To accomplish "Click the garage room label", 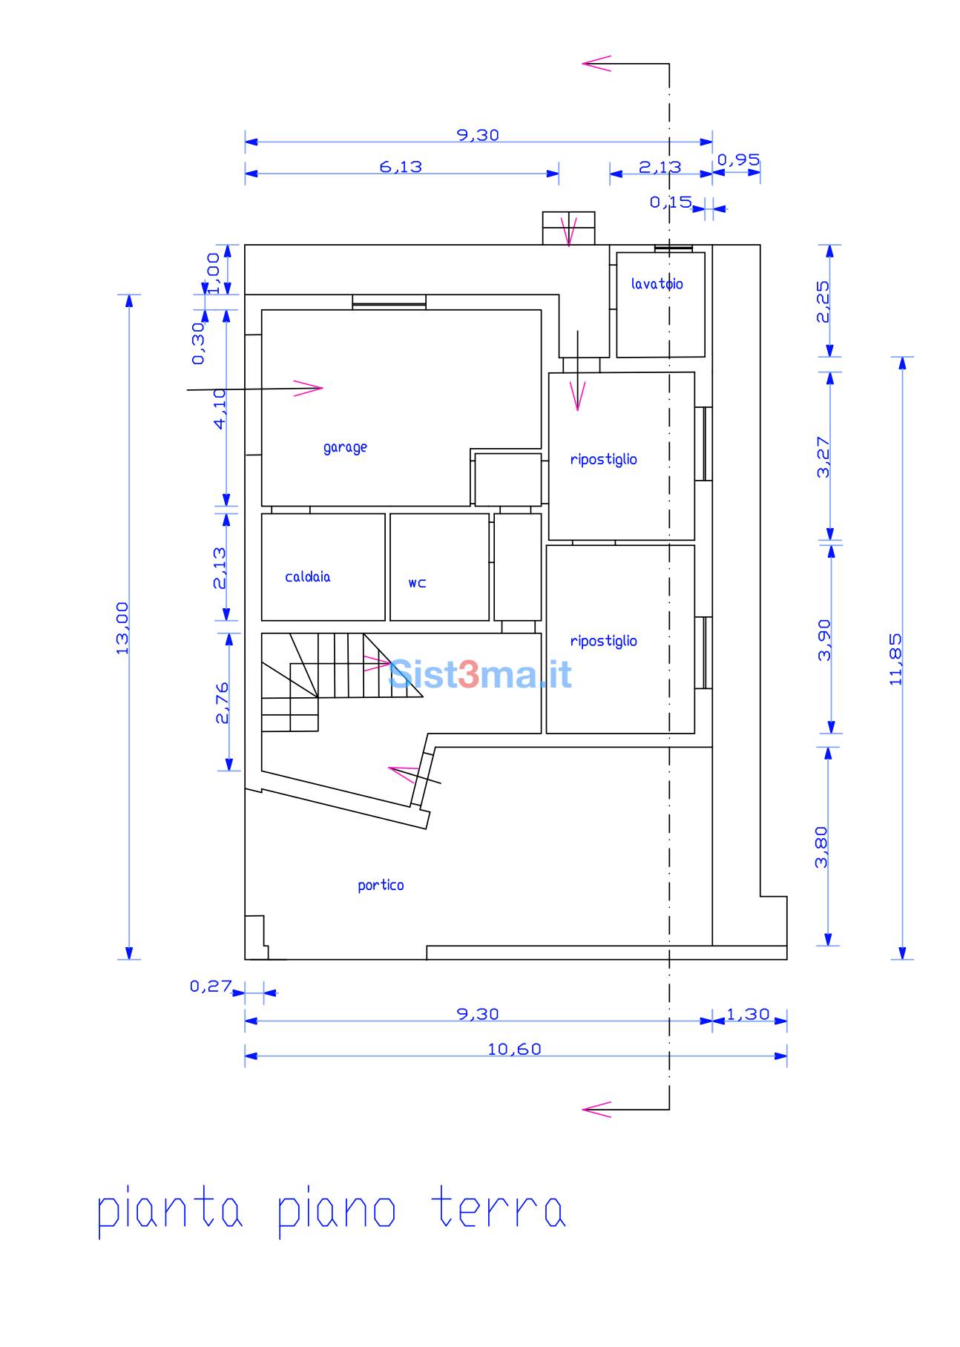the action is tap(345, 447).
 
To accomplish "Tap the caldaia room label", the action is tap(308, 576).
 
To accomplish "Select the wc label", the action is tap(417, 583).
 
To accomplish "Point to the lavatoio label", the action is tap(657, 283).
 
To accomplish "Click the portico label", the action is tap(381, 885).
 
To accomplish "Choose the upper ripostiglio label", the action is tap(603, 459).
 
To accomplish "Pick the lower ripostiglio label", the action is tap(603, 641).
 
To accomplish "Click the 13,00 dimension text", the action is tap(122, 628).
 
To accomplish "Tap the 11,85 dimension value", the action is tap(895, 659).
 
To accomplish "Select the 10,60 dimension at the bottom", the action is tap(515, 1049).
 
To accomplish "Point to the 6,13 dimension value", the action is tap(401, 167).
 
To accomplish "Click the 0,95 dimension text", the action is tap(738, 159).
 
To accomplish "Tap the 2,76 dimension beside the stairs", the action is tap(222, 702).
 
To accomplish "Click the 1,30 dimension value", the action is tap(748, 1014).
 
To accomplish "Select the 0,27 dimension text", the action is tap(211, 987).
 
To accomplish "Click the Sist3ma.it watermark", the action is tap(480, 674).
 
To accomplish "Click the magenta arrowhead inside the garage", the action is tap(309, 388).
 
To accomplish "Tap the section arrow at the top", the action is tap(596, 64).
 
